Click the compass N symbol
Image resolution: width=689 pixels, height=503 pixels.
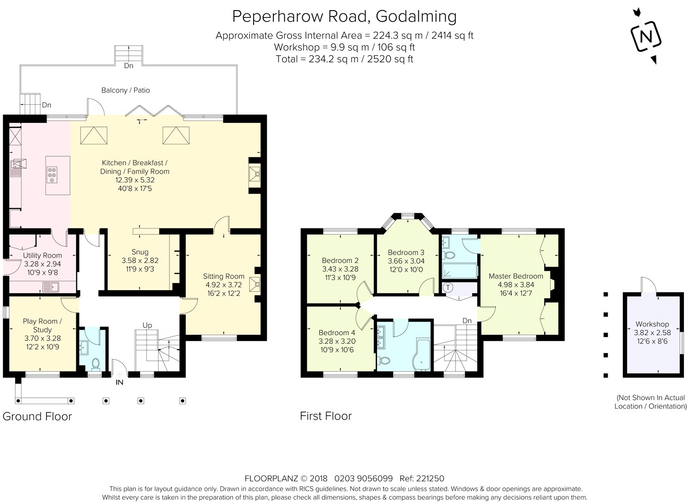[646, 37]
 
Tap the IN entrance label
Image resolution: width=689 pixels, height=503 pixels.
[119, 383]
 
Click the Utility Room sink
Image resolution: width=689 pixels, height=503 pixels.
[51, 287]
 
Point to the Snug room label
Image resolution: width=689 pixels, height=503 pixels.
[140, 252]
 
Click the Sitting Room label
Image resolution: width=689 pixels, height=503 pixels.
[224, 276]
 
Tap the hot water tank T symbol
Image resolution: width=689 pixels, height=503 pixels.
[448, 287]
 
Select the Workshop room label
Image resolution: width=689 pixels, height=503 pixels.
[652, 324]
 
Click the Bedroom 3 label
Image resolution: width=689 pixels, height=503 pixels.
[406, 252]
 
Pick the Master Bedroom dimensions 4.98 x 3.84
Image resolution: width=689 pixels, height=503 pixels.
[516, 285]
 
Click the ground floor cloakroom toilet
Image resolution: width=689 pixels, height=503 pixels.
[96, 364]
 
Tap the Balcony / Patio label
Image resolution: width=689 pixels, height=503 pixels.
[125, 90]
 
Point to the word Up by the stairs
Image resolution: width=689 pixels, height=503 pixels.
[147, 326]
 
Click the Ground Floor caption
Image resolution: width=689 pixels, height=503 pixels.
[37, 416]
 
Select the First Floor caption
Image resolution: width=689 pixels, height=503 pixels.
[326, 416]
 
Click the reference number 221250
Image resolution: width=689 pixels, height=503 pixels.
[430, 478]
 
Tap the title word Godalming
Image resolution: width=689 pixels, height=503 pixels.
[416, 17]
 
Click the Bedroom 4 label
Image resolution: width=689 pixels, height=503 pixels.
[337, 332]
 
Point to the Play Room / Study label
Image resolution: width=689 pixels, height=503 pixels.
[42, 326]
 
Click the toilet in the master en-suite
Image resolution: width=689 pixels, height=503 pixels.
[450, 255]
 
